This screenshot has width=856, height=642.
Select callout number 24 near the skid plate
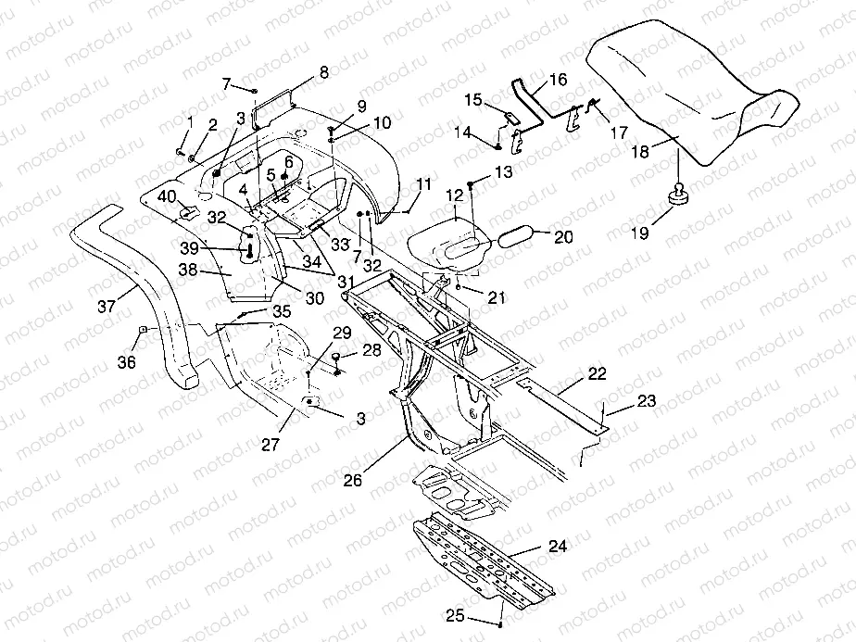tap(557, 547)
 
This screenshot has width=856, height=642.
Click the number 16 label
tap(558, 81)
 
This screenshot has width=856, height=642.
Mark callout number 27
tap(270, 446)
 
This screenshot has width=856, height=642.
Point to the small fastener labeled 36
tap(144, 331)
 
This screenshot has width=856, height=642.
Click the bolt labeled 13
tap(472, 186)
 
